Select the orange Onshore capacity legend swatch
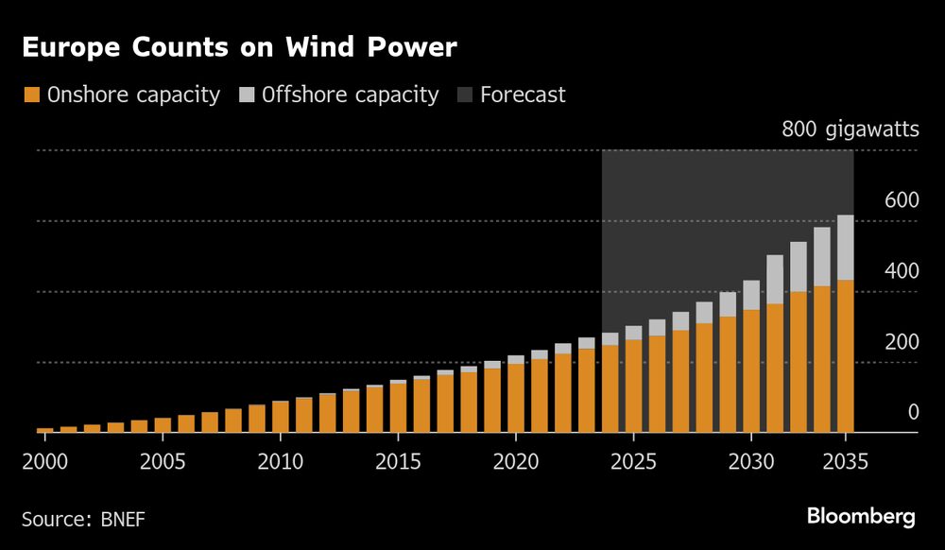coord(30,95)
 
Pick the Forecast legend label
coord(523,95)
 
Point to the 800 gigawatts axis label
coord(850,129)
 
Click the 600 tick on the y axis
coord(901,199)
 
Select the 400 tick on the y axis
coord(901,270)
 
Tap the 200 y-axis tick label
coord(901,341)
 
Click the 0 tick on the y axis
coord(913,412)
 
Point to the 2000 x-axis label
coord(44,464)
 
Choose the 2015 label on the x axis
coord(398,464)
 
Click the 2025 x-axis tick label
coord(633,464)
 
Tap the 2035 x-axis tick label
coord(846,464)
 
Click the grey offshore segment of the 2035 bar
coord(846,247)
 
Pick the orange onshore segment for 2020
coord(516,398)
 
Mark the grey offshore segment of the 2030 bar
coord(751,295)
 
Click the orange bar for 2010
coord(281,417)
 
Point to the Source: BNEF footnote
coord(83,518)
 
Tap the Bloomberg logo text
coord(861,516)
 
